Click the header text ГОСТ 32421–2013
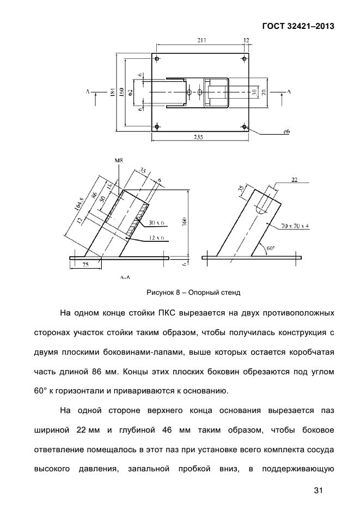pyautogui.click(x=298, y=26)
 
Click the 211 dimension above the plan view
pyautogui.click(x=202, y=40)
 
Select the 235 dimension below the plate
pyautogui.click(x=198, y=138)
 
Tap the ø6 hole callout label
pyautogui.click(x=286, y=131)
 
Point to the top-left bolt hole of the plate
pyautogui.click(x=157, y=58)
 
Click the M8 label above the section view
pyautogui.click(x=119, y=160)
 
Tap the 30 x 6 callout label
pyautogui.click(x=156, y=223)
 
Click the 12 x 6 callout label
pyautogui.click(x=156, y=238)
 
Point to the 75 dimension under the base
pyautogui.click(x=85, y=265)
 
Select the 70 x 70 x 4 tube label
pyautogui.click(x=295, y=226)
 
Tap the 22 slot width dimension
pyautogui.click(x=294, y=179)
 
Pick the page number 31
pyautogui.click(x=319, y=490)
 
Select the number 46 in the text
pyautogui.click(x=167, y=430)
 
